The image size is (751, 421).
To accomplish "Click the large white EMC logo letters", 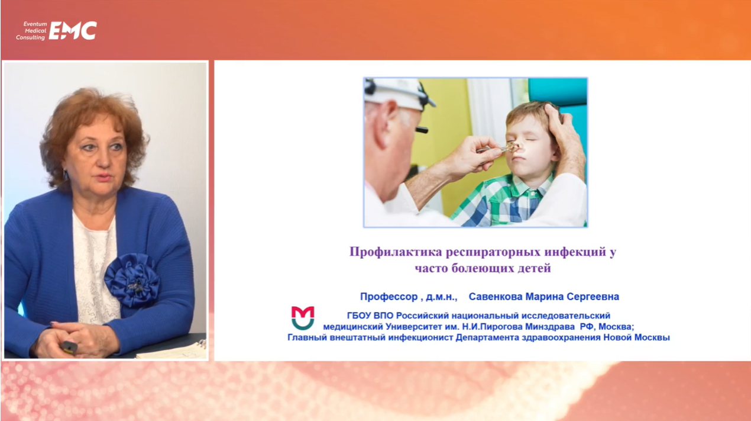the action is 73,31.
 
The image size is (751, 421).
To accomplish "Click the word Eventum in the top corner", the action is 35,24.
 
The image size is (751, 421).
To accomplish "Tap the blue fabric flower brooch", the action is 132,281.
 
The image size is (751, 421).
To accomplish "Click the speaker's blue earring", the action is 66,175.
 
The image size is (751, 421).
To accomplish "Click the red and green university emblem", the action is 303,317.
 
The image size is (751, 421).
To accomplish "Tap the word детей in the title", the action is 534,268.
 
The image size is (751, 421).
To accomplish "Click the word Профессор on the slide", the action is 389,297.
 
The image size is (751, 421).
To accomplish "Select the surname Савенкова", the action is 495,297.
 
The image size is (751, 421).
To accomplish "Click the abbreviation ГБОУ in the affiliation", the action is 359,316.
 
